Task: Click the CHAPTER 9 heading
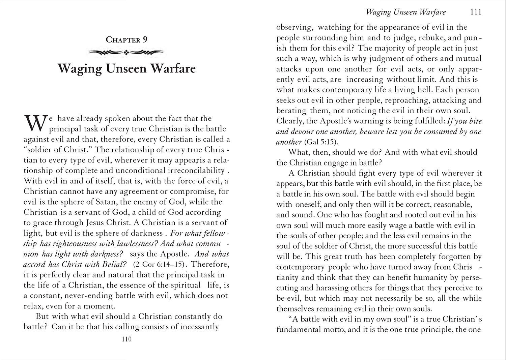(126, 40)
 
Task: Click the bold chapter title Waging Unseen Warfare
(126, 68)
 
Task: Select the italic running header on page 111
(406, 12)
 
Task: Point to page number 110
(126, 339)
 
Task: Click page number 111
(476, 12)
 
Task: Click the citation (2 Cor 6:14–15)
(159, 264)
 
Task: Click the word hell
(424, 90)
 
